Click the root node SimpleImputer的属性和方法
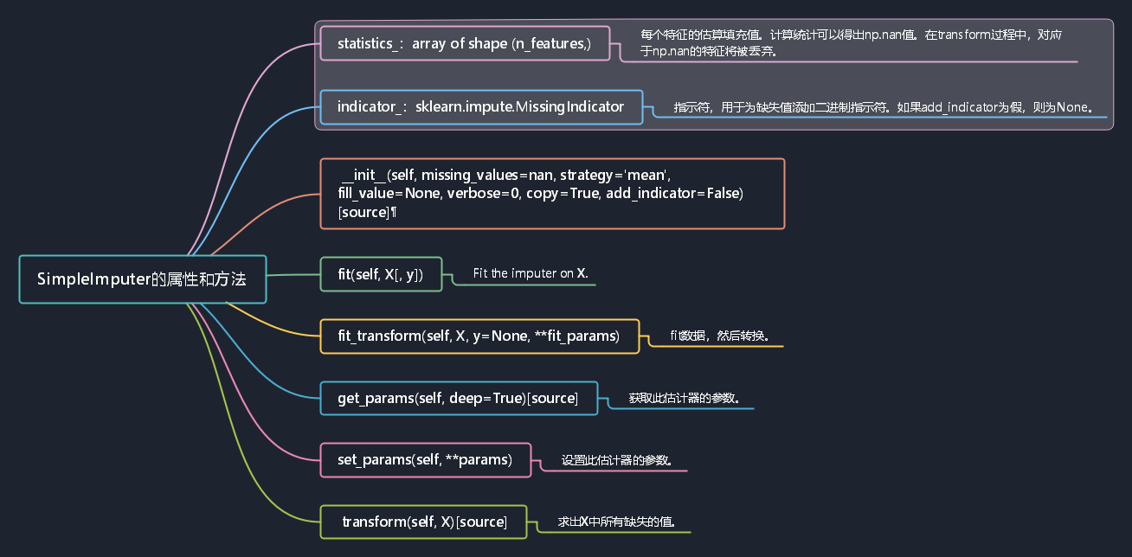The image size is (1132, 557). point(143,279)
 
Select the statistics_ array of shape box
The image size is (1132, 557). point(465,43)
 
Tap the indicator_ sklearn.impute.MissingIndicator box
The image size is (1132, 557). point(481,107)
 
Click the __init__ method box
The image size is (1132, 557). point(552,193)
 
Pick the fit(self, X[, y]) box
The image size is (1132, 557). point(381,274)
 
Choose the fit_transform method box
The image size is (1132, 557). point(479,336)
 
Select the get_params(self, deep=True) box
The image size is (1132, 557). point(459,398)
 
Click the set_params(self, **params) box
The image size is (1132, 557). point(425,459)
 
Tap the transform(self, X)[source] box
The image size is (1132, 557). point(423,522)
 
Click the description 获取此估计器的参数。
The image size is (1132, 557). point(685,398)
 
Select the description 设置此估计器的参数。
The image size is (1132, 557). point(616,460)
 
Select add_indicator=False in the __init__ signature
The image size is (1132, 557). point(674,193)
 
